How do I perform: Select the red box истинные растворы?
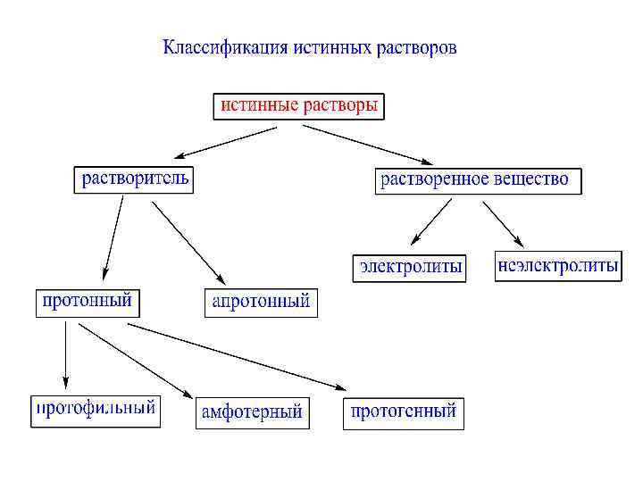point(300,106)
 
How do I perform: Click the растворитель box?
point(135,179)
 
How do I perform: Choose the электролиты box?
point(411,267)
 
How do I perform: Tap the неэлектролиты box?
point(557,266)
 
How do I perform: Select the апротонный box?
point(261,303)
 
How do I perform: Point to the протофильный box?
point(96,410)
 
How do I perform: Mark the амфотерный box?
point(253,412)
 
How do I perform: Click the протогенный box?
point(404,411)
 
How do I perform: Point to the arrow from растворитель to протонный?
point(113,237)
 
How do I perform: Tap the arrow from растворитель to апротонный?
point(188,242)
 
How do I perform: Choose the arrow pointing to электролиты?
point(432,222)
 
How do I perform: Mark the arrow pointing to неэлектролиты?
point(504,223)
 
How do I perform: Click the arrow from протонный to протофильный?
point(66,357)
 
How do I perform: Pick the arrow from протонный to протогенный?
point(237,357)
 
